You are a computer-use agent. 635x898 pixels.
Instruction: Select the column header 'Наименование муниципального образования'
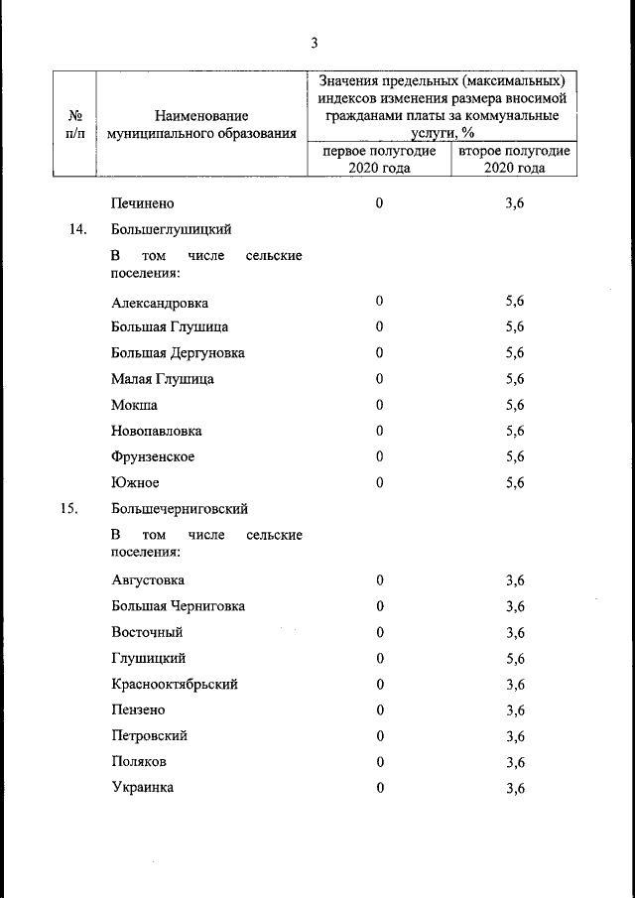201,125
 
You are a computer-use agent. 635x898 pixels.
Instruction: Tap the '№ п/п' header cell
72,125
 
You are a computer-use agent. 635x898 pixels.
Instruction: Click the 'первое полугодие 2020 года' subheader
379,160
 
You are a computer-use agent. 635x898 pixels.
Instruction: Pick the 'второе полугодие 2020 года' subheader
514,160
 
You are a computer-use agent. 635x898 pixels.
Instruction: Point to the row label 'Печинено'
143,203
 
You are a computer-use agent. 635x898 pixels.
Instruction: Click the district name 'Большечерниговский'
180,509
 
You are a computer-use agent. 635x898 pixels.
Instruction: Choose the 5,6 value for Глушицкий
515,658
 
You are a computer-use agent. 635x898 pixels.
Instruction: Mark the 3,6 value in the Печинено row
515,203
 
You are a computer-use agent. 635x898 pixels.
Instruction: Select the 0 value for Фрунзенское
379,456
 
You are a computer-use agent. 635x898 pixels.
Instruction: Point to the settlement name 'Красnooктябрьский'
175,684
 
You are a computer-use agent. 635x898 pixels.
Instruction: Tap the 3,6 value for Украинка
515,788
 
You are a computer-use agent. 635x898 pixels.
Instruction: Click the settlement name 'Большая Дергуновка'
178,353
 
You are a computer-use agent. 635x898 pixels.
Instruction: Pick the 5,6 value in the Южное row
515,483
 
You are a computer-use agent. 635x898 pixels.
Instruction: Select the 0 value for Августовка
379,580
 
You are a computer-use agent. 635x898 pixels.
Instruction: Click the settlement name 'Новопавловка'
157,431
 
